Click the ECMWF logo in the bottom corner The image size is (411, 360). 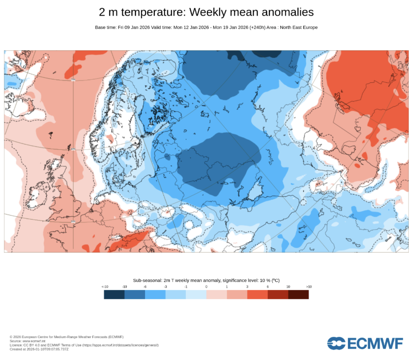(365, 343)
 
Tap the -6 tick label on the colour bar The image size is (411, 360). (145, 287)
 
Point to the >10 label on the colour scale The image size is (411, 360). (308, 287)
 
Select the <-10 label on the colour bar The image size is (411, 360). (105, 287)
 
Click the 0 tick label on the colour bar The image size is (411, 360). (206, 287)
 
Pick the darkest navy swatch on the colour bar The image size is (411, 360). (114, 294)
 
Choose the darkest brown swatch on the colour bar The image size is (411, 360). (298, 294)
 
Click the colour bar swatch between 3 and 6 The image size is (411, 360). (257, 294)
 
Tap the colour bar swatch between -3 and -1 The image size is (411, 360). (176, 294)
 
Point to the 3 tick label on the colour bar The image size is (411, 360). (247, 287)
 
